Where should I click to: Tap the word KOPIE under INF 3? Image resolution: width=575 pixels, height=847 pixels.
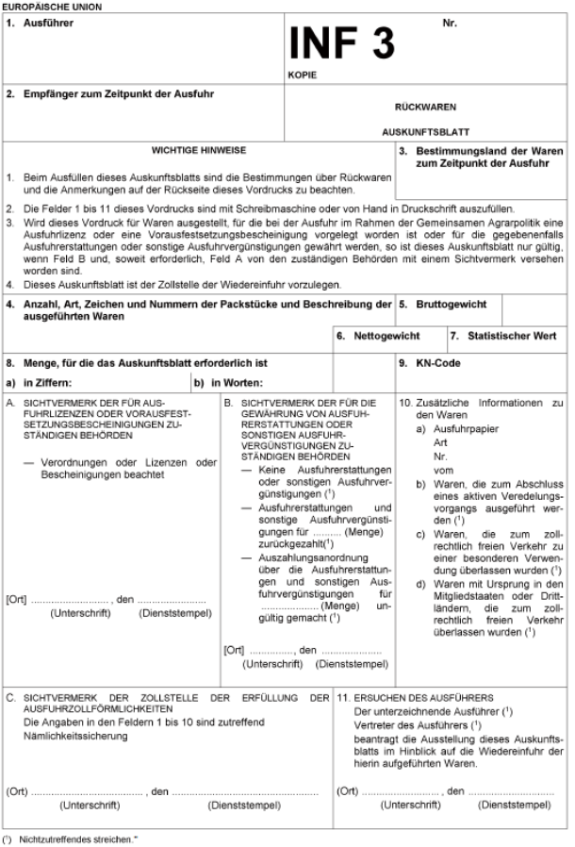[303, 73]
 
